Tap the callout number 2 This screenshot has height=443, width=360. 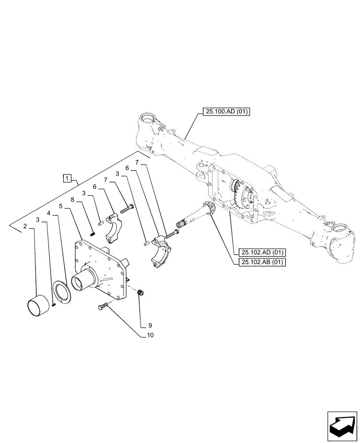[26, 226]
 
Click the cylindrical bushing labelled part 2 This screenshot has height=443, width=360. [38, 307]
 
